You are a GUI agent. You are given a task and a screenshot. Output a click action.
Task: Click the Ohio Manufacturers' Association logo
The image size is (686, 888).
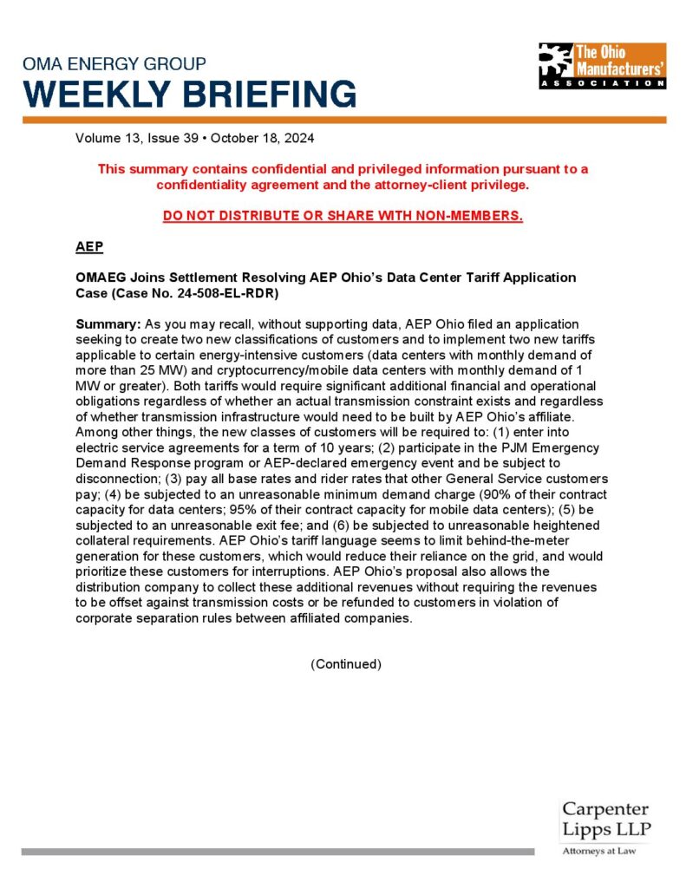602,65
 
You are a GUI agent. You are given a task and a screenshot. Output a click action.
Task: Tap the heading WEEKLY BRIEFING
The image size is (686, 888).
190,93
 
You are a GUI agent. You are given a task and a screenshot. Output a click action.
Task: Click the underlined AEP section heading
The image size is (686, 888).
89,247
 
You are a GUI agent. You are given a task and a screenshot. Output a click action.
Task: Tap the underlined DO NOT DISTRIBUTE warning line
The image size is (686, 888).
343,216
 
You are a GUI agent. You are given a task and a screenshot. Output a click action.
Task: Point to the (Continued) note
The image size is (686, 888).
345,664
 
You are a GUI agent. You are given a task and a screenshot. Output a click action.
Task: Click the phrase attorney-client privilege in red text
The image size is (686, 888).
446,185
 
